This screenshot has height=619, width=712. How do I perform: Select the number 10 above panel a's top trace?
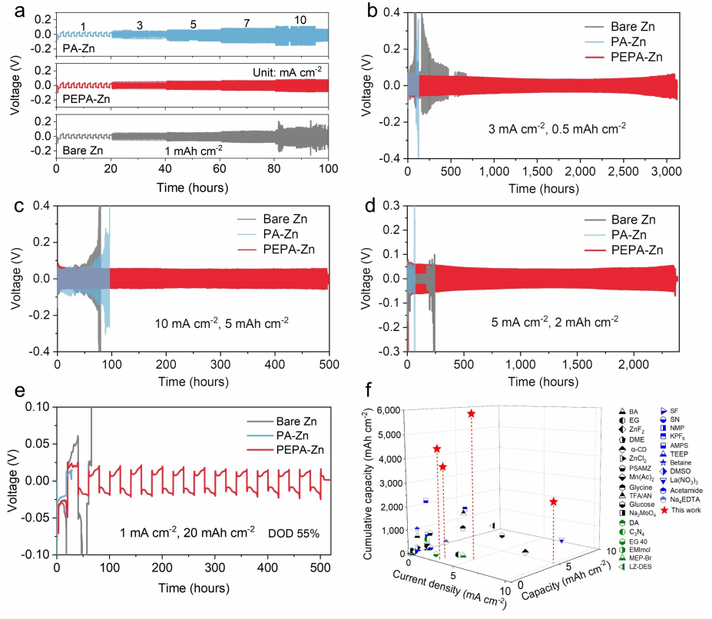pos(301,19)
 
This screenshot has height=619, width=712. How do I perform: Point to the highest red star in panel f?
pos(471,414)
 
